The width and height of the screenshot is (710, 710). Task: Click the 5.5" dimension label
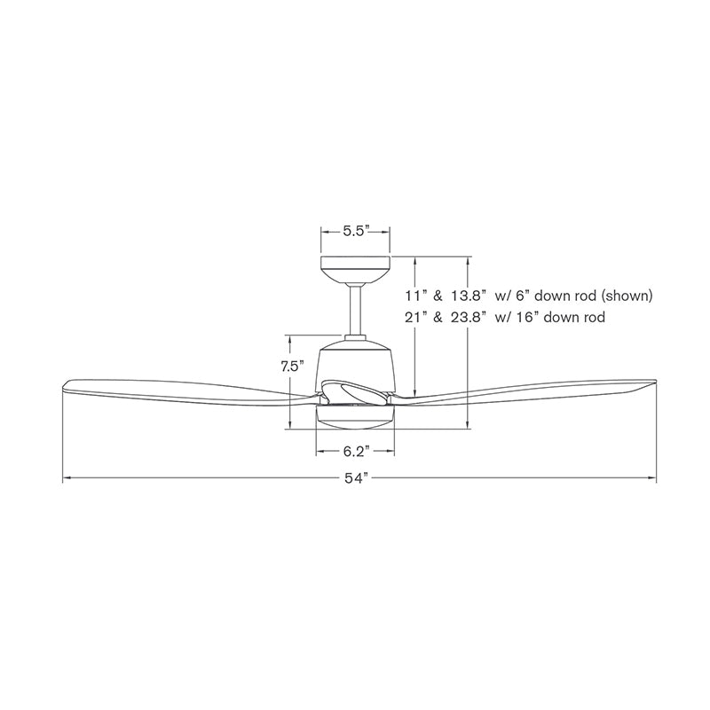point(355,232)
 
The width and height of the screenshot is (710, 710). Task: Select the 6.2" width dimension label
point(354,450)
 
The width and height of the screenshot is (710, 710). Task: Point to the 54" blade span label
point(355,480)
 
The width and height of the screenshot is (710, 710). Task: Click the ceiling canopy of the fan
point(355,267)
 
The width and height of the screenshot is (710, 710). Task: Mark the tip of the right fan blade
point(651,385)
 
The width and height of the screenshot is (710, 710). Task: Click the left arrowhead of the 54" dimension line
point(65,480)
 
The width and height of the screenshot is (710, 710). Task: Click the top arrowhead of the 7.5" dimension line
point(289,338)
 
